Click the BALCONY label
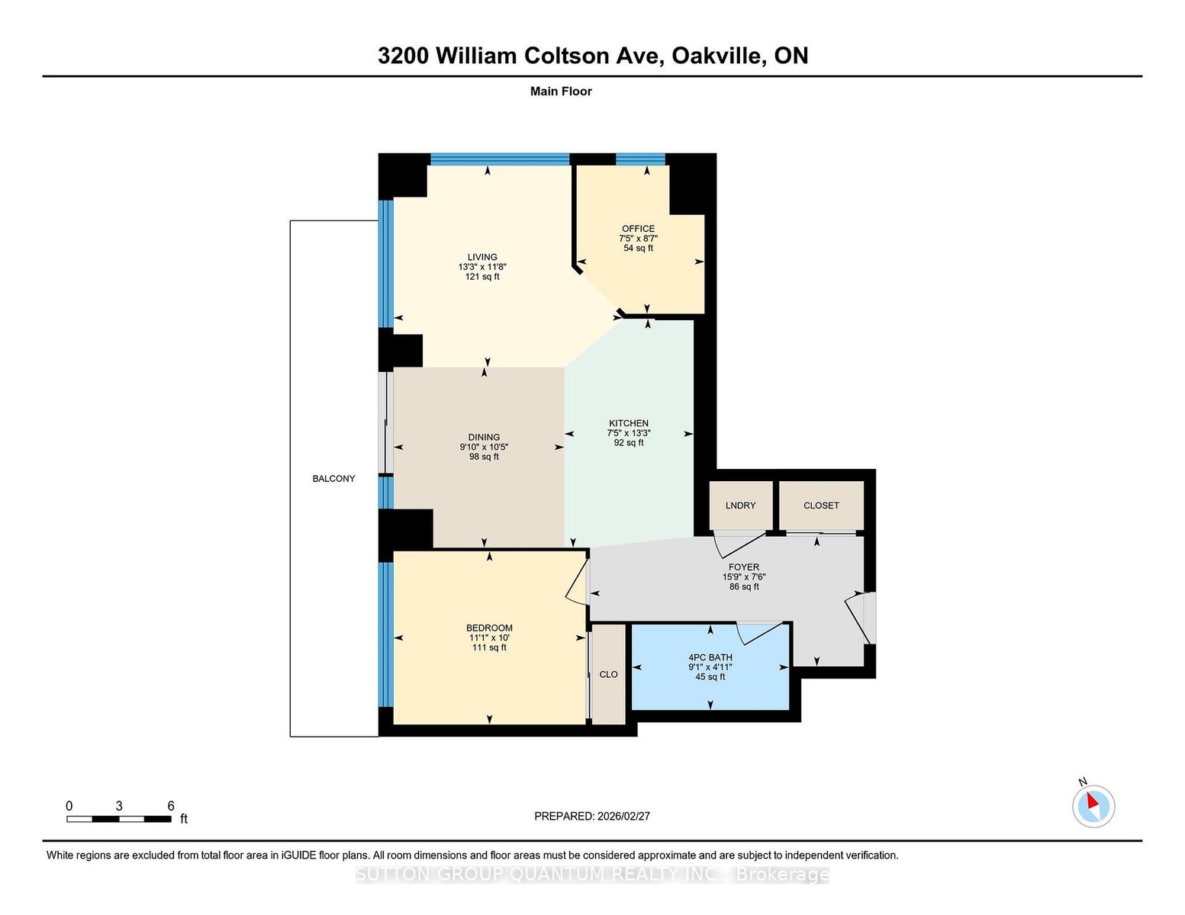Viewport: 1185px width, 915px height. click(333, 479)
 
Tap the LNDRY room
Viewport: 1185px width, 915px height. click(741, 506)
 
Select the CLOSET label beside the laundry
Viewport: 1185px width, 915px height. click(821, 506)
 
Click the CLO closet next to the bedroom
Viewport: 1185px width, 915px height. click(609, 674)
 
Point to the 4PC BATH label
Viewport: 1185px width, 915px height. click(710, 657)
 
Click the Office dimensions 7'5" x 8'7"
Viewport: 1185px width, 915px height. click(638, 238)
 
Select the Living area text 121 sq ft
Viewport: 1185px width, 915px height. click(482, 276)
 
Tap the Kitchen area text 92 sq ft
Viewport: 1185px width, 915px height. click(629, 442)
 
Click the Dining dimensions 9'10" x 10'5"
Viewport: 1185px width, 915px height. click(484, 447)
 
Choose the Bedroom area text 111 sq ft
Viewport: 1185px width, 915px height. click(489, 647)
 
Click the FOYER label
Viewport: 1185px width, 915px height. click(744, 567)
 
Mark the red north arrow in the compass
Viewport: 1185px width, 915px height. click(1092, 800)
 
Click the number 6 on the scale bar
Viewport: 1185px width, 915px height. click(171, 805)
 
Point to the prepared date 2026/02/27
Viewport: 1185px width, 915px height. click(623, 816)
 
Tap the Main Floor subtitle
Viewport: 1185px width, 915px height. click(561, 91)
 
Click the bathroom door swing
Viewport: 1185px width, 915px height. click(759, 633)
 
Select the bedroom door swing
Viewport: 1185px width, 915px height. click(577, 581)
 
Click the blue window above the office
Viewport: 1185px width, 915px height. click(640, 159)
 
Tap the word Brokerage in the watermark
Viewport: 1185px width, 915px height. click(783, 874)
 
